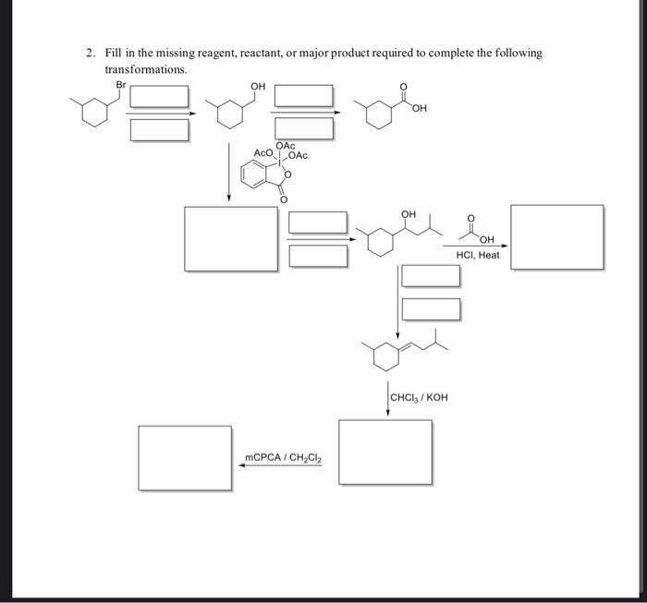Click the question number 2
90,54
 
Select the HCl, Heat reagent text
478,255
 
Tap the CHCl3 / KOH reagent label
419,398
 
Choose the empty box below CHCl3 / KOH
385,452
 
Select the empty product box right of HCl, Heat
557,237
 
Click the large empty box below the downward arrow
231,238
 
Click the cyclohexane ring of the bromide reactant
93,115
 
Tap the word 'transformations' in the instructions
146,69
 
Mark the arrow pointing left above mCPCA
281,466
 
